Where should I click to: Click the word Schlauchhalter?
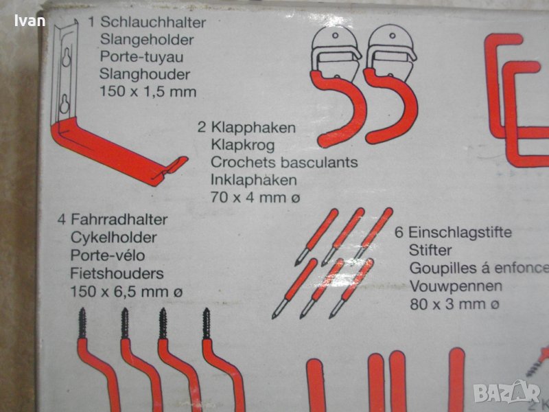[x=153, y=22]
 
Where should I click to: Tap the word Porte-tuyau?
[x=141, y=57]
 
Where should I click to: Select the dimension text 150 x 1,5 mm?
[x=148, y=91]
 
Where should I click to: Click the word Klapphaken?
[x=253, y=127]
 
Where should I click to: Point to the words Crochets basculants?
[x=284, y=162]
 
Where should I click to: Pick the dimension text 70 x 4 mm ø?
[x=255, y=198]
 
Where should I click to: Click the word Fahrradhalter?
[x=119, y=220]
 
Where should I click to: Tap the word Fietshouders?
[x=117, y=273]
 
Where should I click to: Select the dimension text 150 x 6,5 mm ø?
[x=126, y=291]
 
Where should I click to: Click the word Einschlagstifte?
[x=460, y=232]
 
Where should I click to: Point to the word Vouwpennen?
[x=456, y=286]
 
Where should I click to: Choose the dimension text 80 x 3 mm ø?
[x=454, y=304]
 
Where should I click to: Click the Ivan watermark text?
[x=30, y=21]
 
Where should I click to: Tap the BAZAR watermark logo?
[x=506, y=393]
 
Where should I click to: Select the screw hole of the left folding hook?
[x=336, y=36]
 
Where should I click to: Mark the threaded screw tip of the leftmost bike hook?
[x=82, y=323]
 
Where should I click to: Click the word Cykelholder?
[x=113, y=238]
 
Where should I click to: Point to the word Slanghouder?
[x=145, y=74]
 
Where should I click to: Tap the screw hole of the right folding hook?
[x=393, y=36]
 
